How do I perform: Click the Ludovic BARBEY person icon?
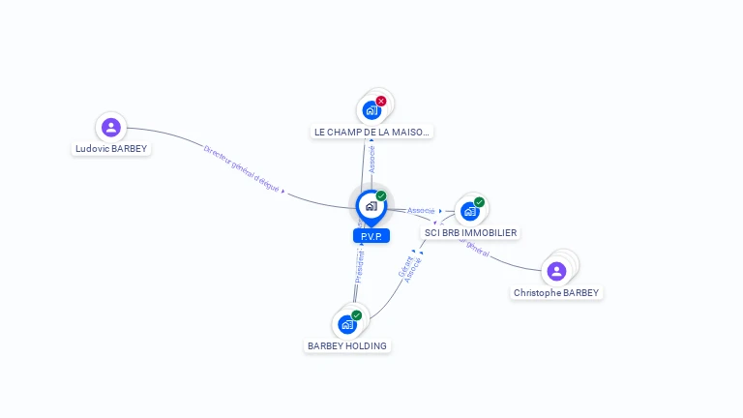click(x=111, y=127)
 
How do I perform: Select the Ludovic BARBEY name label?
click(x=111, y=149)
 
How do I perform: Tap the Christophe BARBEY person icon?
click(x=556, y=271)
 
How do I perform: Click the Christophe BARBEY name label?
click(x=556, y=292)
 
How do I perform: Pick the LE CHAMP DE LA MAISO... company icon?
click(x=371, y=110)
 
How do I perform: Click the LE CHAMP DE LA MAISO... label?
click(x=371, y=132)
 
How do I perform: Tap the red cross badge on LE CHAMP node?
click(x=381, y=101)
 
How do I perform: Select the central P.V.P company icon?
click(x=371, y=206)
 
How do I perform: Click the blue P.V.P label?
click(x=371, y=235)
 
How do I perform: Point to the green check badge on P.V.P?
click(x=381, y=196)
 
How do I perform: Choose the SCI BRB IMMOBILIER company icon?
click(x=469, y=211)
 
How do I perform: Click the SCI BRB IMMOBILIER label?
click(x=470, y=233)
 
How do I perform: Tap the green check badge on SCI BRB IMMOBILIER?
click(x=480, y=202)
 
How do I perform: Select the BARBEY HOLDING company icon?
click(x=347, y=324)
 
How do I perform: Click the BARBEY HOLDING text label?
click(x=347, y=345)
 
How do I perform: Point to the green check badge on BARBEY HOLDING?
click(x=357, y=315)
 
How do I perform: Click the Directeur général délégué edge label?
click(x=241, y=168)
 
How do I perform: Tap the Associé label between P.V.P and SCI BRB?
click(x=421, y=210)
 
